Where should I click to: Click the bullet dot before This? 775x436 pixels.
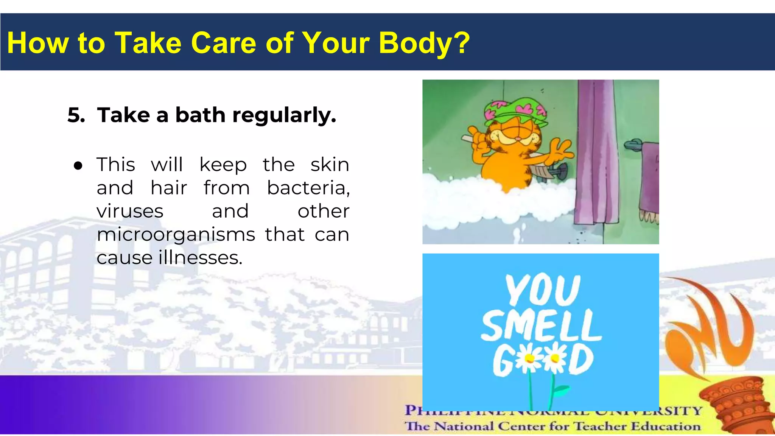(x=78, y=166)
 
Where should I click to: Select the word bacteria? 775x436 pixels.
(x=308, y=188)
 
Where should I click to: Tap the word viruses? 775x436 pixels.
(x=130, y=211)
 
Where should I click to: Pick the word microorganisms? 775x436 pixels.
(x=176, y=235)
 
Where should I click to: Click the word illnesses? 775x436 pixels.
(x=200, y=258)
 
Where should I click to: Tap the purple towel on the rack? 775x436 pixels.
(x=649, y=178)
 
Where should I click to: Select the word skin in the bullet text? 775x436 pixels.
(x=330, y=165)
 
